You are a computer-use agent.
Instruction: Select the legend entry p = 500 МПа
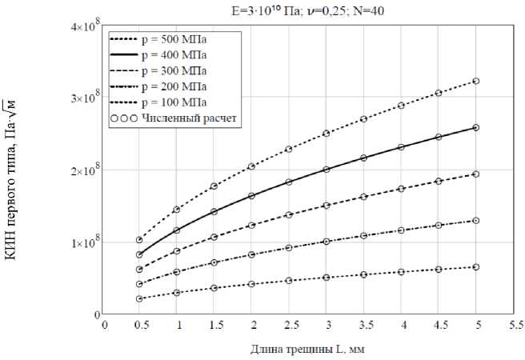(x=173, y=38)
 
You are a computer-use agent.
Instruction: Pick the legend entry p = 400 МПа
(x=173, y=55)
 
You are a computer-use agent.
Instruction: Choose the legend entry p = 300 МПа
(x=173, y=71)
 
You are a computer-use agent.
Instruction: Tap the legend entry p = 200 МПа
(x=173, y=87)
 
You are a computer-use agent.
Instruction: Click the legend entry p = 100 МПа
(x=173, y=103)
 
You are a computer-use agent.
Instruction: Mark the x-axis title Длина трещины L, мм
(x=308, y=349)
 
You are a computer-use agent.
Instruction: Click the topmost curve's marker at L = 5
(x=476, y=81)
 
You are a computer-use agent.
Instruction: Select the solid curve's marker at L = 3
(x=327, y=170)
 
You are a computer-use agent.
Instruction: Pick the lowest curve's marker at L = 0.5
(x=139, y=299)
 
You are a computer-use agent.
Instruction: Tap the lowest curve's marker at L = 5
(x=476, y=267)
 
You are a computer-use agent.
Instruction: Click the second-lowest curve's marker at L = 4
(x=401, y=230)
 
